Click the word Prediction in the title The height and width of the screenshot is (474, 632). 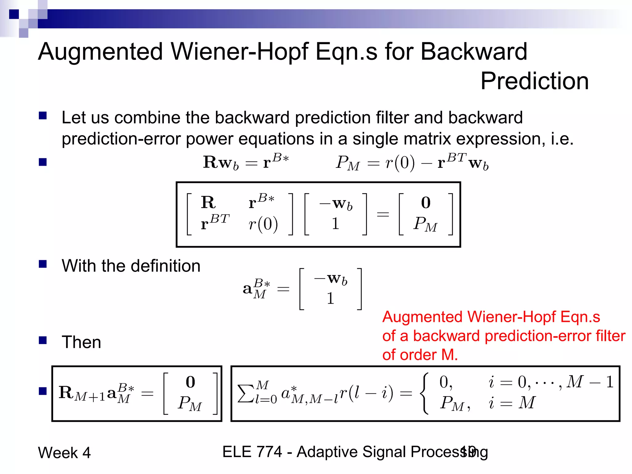pos(534,81)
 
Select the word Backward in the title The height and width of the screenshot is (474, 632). pos(474,52)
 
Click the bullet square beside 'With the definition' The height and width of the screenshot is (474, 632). pos(43,264)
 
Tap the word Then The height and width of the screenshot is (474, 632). pos(81,342)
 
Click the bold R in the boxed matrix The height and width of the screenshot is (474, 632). pos(208,202)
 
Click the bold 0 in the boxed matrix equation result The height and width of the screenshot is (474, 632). pos(426,203)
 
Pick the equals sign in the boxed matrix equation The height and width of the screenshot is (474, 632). pos(383,214)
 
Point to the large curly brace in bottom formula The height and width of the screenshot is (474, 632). pos(425,393)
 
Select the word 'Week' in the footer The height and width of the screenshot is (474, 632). pos(58,453)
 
